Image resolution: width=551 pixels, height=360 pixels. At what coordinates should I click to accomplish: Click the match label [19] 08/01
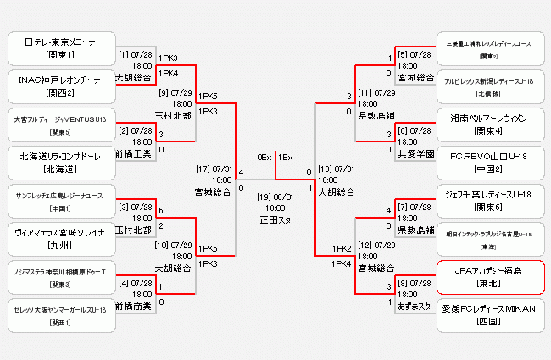275,197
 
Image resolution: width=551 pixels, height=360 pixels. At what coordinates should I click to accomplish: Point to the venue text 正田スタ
275,219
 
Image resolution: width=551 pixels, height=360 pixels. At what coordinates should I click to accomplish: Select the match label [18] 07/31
336,169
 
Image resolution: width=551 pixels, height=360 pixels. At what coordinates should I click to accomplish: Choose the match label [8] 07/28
415,284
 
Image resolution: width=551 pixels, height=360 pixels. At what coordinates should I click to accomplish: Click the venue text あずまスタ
415,307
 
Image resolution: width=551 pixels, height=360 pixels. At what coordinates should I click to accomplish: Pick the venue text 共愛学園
415,154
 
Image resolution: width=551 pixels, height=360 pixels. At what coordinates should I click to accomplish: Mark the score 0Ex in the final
264,157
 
